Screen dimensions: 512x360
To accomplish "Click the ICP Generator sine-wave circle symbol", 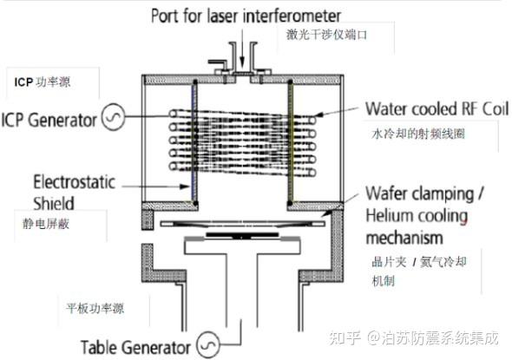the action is click(x=114, y=117).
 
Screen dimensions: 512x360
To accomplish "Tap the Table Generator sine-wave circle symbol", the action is click(x=208, y=344).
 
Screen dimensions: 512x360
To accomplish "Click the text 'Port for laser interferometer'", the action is click(x=246, y=16).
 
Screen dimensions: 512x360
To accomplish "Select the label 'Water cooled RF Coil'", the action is click(x=437, y=108).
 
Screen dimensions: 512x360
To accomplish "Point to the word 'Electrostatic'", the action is click(x=74, y=182).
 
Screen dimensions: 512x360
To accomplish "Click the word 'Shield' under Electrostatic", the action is click(x=54, y=203).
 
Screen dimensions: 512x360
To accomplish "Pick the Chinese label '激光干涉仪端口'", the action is click(x=326, y=35).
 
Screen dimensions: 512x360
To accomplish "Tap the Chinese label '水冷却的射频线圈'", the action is click(x=418, y=134).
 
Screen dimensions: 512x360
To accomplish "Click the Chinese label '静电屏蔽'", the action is click(x=46, y=224).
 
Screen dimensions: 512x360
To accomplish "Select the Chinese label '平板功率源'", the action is click(x=95, y=308).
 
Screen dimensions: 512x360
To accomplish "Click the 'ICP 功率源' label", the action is click(x=43, y=82).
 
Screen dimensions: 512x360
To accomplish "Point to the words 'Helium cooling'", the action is click(x=417, y=216).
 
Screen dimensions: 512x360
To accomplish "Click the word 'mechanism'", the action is click(x=404, y=238).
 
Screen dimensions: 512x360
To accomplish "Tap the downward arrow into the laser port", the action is click(x=242, y=48).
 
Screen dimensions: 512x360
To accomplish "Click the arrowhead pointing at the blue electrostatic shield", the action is click(x=185, y=187).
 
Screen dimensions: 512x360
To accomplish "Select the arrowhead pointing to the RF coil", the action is click(x=320, y=115).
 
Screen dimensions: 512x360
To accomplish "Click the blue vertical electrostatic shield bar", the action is click(x=194, y=142).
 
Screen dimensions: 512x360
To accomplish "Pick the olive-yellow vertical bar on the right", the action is click(x=291, y=142).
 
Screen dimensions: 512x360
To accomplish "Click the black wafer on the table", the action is click(x=242, y=235).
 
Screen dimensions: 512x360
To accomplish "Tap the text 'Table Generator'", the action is click(x=135, y=347).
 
